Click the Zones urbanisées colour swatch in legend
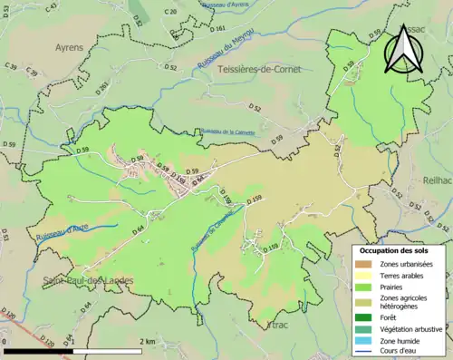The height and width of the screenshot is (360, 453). tap(367, 264)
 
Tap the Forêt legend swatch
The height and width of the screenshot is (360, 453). tap(367, 316)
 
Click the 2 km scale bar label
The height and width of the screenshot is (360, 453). tap(147, 340)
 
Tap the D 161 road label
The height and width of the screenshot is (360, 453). tap(217, 29)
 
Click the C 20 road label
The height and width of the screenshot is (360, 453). tap(170, 12)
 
